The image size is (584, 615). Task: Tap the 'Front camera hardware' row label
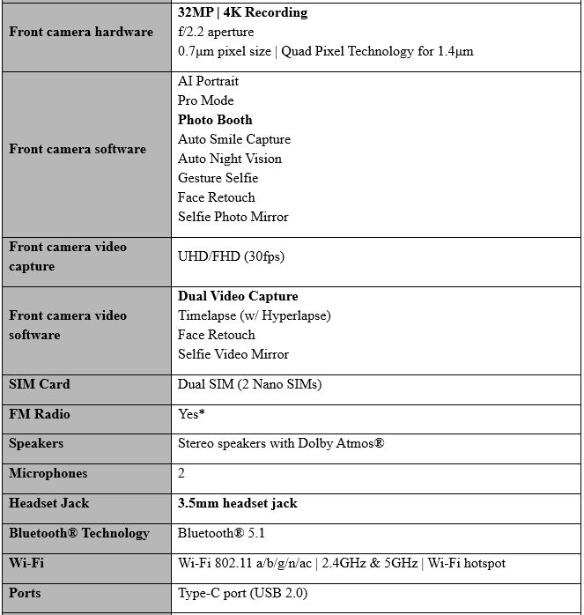click(81, 32)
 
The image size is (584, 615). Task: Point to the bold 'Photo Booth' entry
click(215, 120)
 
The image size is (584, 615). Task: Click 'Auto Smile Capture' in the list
click(233, 139)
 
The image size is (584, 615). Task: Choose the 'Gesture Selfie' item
click(218, 178)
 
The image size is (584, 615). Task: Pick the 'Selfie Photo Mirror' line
click(233, 217)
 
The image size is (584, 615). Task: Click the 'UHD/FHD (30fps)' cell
click(231, 256)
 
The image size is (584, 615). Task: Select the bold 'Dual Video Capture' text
click(238, 296)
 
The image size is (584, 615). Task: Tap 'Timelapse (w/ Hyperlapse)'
click(254, 315)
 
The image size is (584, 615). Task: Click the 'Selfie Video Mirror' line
click(233, 354)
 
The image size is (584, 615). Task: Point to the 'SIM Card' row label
click(40, 384)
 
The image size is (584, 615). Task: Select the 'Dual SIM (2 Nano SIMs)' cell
click(249, 384)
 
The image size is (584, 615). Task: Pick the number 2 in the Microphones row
click(182, 473)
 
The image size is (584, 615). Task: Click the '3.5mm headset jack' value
click(237, 503)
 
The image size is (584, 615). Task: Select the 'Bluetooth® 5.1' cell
click(221, 533)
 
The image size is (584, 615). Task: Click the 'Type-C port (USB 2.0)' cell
click(242, 593)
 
